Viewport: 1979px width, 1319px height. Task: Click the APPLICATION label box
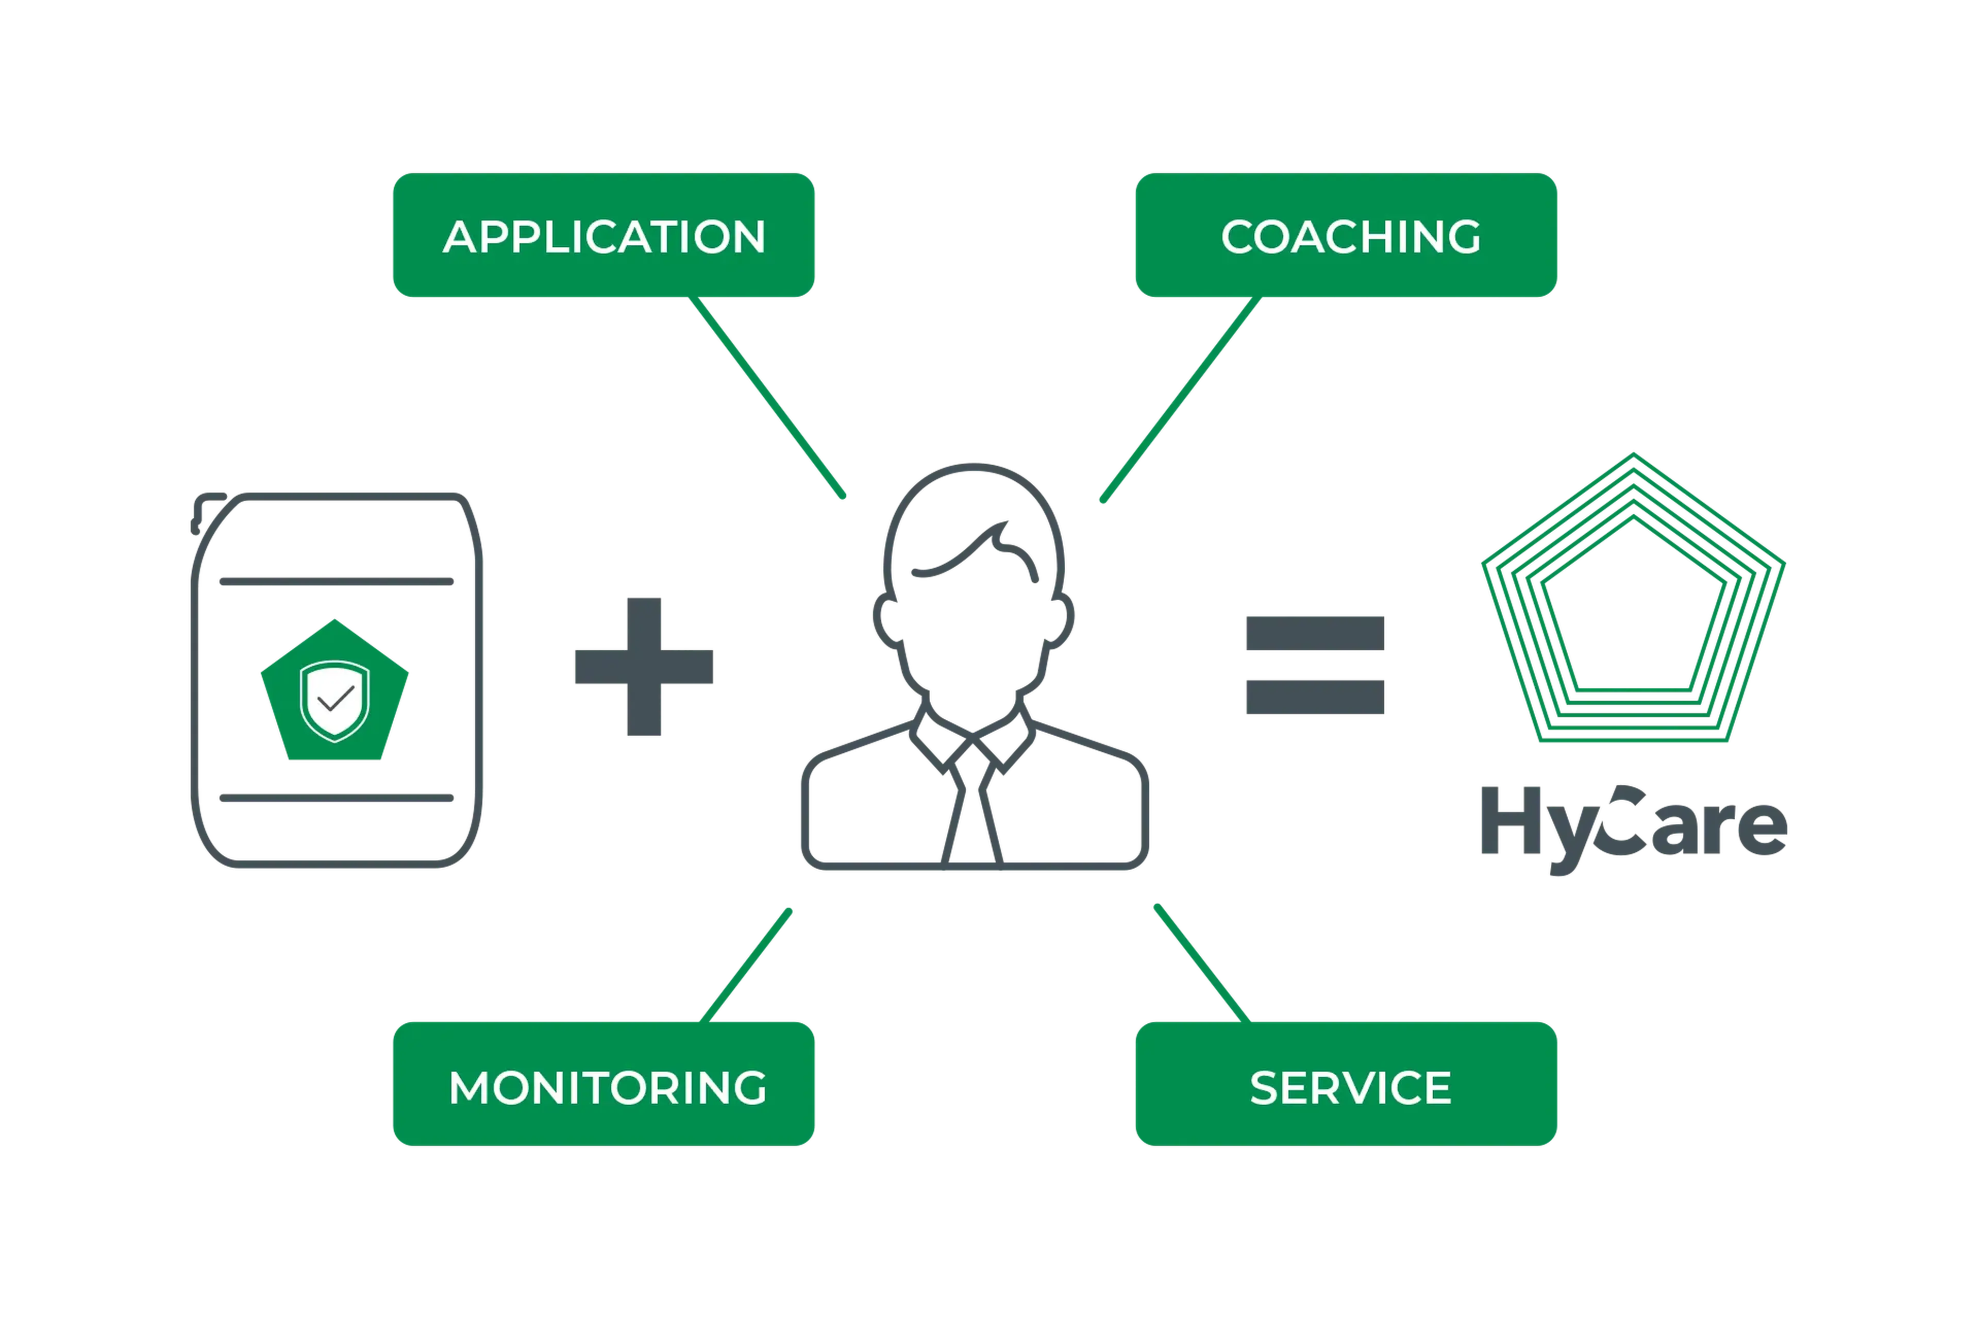[603, 235]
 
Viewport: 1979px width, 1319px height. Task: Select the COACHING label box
[1346, 235]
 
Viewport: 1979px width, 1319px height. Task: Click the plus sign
[645, 668]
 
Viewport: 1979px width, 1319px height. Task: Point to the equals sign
[1315, 665]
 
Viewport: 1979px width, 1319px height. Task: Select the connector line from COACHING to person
[1178, 404]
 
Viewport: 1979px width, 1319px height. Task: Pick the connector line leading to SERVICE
[1199, 959]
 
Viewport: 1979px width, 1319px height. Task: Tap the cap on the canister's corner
[206, 509]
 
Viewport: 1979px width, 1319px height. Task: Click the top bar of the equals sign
[1315, 633]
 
